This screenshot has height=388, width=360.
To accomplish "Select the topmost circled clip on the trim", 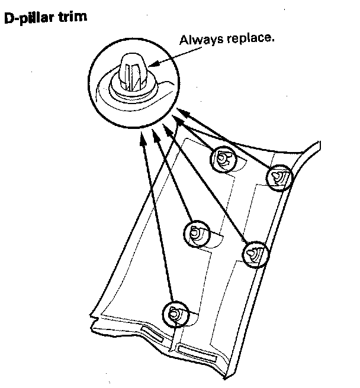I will (222, 157).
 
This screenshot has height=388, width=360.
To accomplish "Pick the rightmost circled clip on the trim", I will (278, 178).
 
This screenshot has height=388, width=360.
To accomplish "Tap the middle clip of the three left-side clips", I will (196, 233).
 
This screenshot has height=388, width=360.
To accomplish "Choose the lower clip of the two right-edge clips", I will (255, 254).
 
